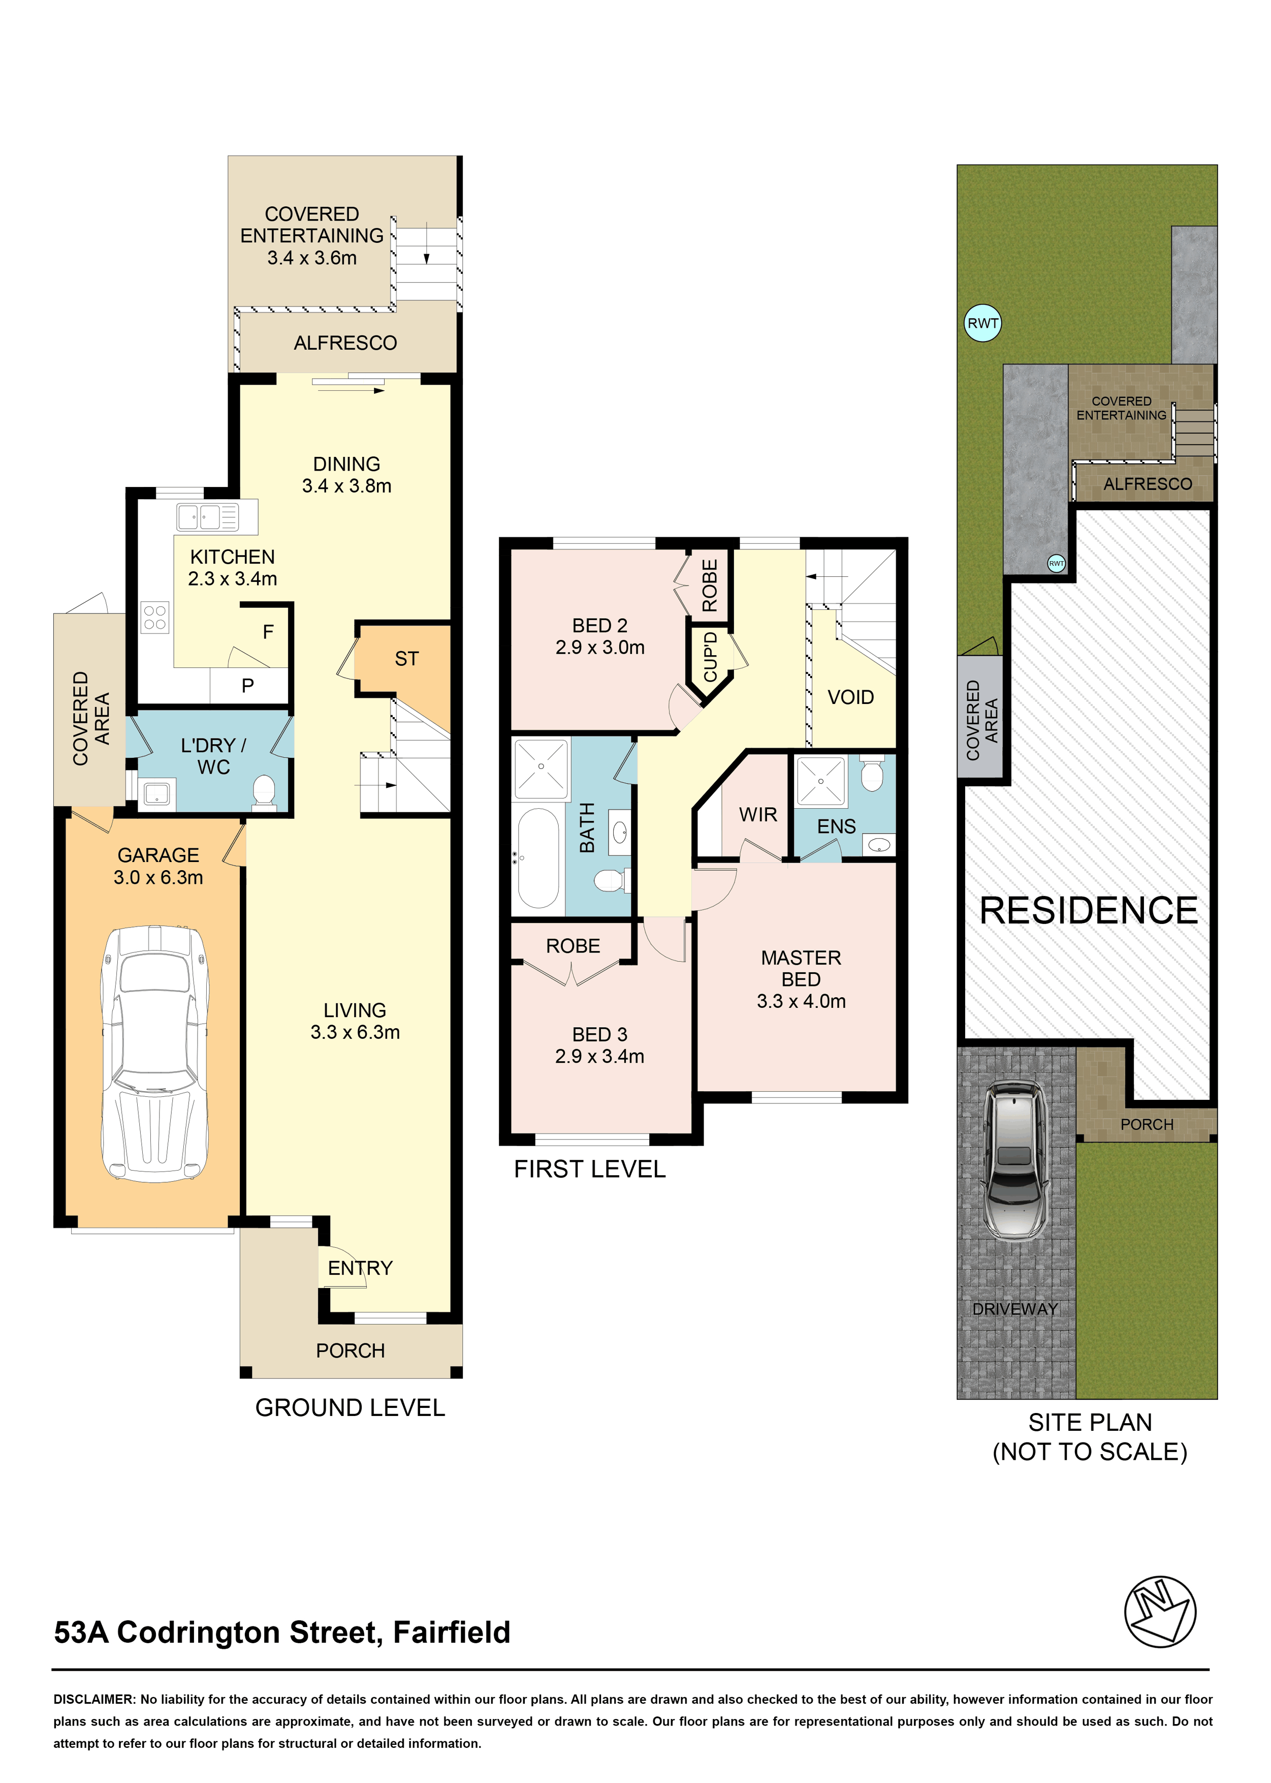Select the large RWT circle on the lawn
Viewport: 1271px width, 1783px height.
pos(983,323)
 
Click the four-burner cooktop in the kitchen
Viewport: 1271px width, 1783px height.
pos(155,617)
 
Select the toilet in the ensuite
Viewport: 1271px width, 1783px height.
pos(871,774)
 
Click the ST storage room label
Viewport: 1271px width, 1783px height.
pos(406,659)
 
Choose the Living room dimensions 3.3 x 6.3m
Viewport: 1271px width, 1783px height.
pos(355,1032)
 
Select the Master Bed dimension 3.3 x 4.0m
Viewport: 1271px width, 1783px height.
pos(802,1001)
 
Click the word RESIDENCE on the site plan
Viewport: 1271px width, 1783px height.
pos(1089,911)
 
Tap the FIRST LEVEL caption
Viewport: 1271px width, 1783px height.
pos(590,1169)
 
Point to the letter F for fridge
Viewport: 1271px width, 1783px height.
pos(268,632)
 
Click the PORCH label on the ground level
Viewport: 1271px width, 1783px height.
pos(351,1351)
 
